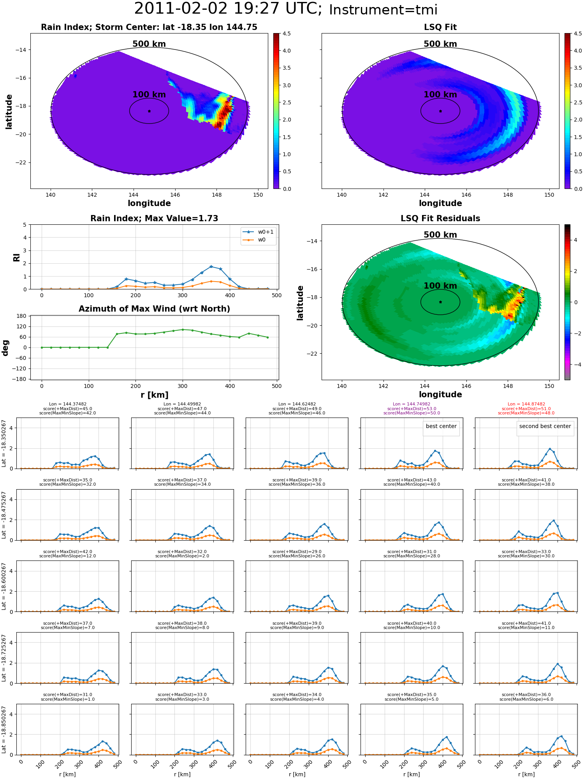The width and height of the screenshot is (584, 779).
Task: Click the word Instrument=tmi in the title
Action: pyautogui.click(x=383, y=10)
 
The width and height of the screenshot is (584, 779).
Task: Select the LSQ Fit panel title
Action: pyautogui.click(x=440, y=27)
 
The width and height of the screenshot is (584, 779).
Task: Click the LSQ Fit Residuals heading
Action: pyautogui.click(x=440, y=219)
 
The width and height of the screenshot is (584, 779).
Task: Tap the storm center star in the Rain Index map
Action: pyautogui.click(x=149, y=111)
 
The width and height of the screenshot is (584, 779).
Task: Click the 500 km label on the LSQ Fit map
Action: pyautogui.click(x=440, y=44)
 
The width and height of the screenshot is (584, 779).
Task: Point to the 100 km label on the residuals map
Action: pyautogui.click(x=440, y=286)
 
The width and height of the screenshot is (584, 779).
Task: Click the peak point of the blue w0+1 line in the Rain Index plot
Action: pyautogui.click(x=211, y=266)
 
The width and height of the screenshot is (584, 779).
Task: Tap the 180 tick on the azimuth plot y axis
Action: pyautogui.click(x=22, y=316)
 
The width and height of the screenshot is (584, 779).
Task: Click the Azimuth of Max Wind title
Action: pyautogui.click(x=154, y=309)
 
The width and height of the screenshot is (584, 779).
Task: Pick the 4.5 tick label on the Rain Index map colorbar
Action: pyautogui.click(x=287, y=33)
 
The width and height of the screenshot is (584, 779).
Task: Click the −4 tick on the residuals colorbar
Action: pyautogui.click(x=575, y=365)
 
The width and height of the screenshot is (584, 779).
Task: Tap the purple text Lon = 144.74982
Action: pyautogui.click(x=412, y=404)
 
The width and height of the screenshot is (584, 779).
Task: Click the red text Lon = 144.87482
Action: pyautogui.click(x=526, y=404)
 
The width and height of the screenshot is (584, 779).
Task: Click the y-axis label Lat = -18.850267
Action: pyautogui.click(x=4, y=730)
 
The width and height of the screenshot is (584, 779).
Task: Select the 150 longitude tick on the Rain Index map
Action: pyautogui.click(x=258, y=195)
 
